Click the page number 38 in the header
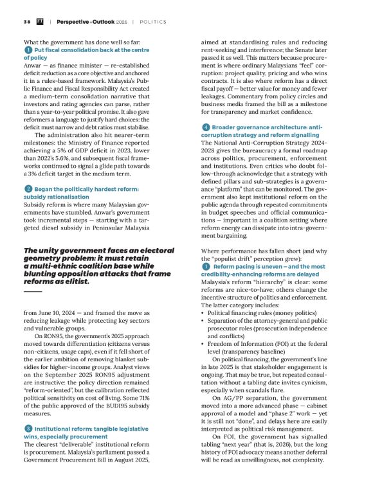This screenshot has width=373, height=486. coord(26,22)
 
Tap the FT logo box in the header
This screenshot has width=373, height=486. coord(40,22)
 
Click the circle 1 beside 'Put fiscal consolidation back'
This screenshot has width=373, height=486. coord(28,50)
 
